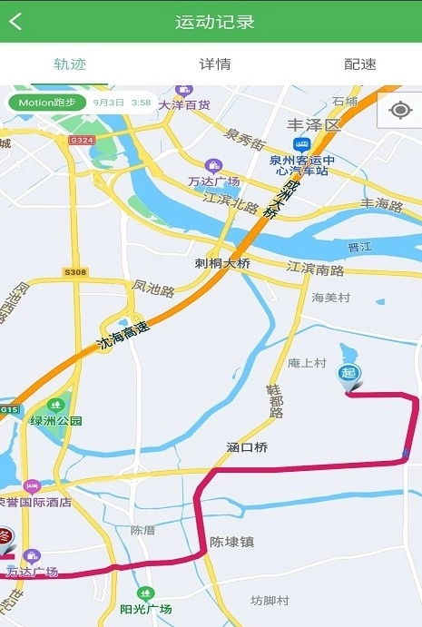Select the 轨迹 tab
click(70, 64)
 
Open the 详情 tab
click(215, 64)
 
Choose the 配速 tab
click(359, 64)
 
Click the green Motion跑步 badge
click(47, 103)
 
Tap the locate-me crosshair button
click(399, 111)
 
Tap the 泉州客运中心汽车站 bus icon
click(301, 144)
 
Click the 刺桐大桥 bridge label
click(222, 263)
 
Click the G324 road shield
click(82, 140)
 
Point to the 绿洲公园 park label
click(56, 421)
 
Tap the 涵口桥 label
click(248, 447)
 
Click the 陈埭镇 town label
click(231, 542)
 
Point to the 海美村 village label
click(330, 298)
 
